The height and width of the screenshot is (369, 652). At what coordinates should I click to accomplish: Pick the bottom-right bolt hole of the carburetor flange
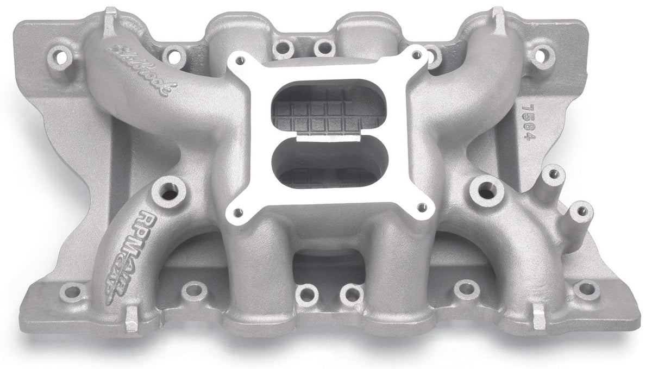[422, 207]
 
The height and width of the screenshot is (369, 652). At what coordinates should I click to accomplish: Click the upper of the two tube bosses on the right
[554, 174]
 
